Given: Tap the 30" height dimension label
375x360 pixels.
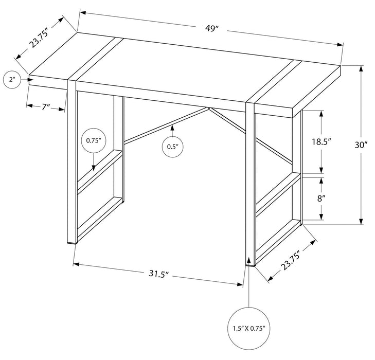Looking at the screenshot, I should pos(361,146).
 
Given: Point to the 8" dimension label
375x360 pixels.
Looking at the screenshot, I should pos(323,197).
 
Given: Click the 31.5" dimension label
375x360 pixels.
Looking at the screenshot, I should pos(158,274).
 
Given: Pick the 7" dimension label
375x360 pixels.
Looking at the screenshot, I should pos(46,107).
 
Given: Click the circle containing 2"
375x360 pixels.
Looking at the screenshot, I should pos(12,80).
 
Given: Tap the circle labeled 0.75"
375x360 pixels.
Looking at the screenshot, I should pos(93,140).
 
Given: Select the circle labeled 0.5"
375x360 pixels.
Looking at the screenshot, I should pos(172,147).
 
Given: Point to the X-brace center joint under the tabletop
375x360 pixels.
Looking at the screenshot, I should pos(208,109).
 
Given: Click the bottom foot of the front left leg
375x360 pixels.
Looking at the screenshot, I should pos(72,241).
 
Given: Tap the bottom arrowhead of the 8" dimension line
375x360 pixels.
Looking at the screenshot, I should pos(323,218).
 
